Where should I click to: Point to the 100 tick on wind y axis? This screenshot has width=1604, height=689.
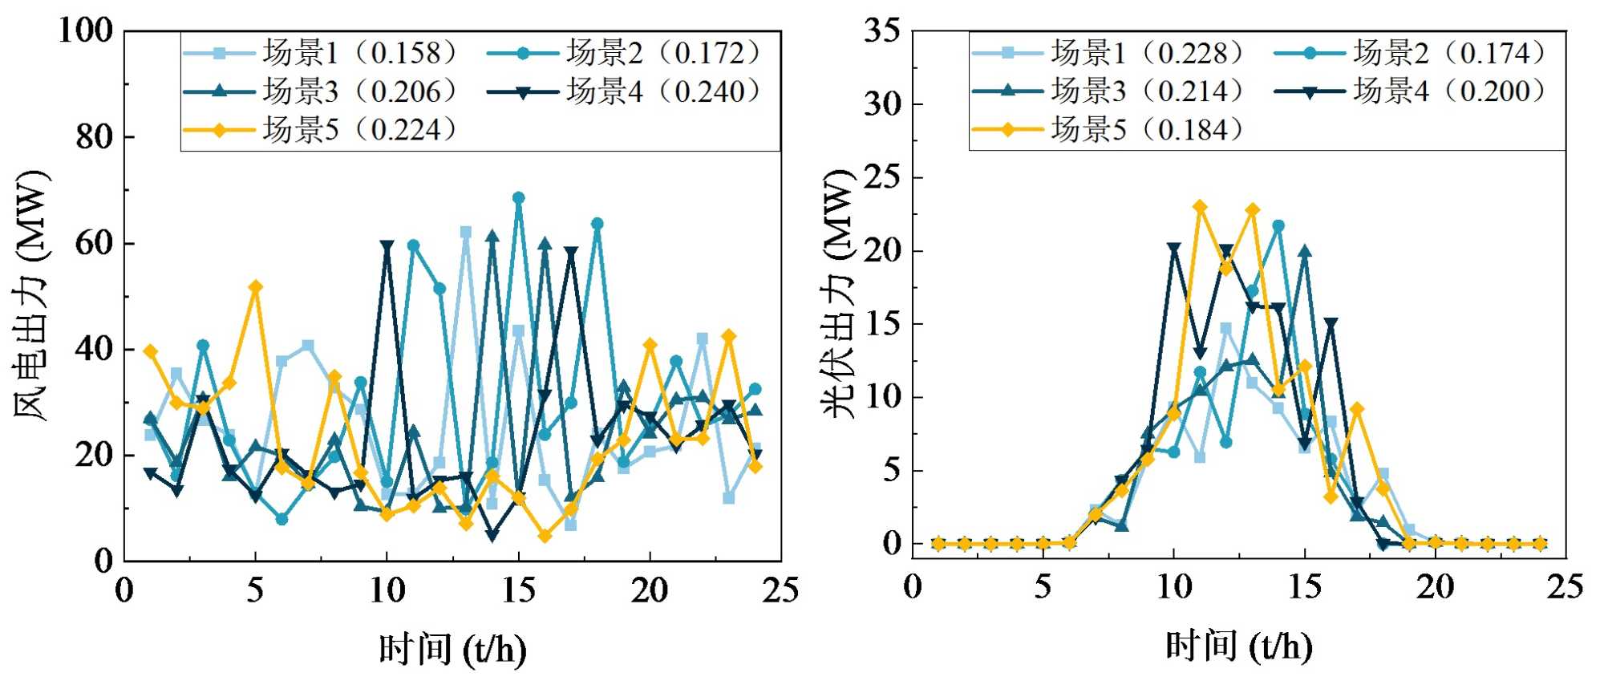click(86, 30)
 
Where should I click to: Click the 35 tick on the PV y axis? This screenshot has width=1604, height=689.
click(881, 30)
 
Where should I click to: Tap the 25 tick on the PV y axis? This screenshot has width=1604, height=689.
click(881, 177)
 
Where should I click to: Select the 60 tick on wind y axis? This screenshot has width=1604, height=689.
click(94, 243)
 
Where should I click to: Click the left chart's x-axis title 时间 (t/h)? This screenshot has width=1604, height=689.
click(452, 648)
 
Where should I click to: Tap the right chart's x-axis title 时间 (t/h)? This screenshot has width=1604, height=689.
click(1239, 646)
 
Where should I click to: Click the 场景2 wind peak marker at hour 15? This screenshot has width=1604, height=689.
click(518, 198)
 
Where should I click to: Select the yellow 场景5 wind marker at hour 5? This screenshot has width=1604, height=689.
click(256, 287)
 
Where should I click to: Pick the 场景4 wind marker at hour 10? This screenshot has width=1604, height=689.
click(387, 246)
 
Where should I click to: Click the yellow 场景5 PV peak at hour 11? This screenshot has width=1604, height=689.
click(1200, 207)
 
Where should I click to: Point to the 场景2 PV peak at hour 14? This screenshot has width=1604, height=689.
click(1278, 226)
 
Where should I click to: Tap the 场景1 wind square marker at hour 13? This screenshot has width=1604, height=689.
click(466, 233)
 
